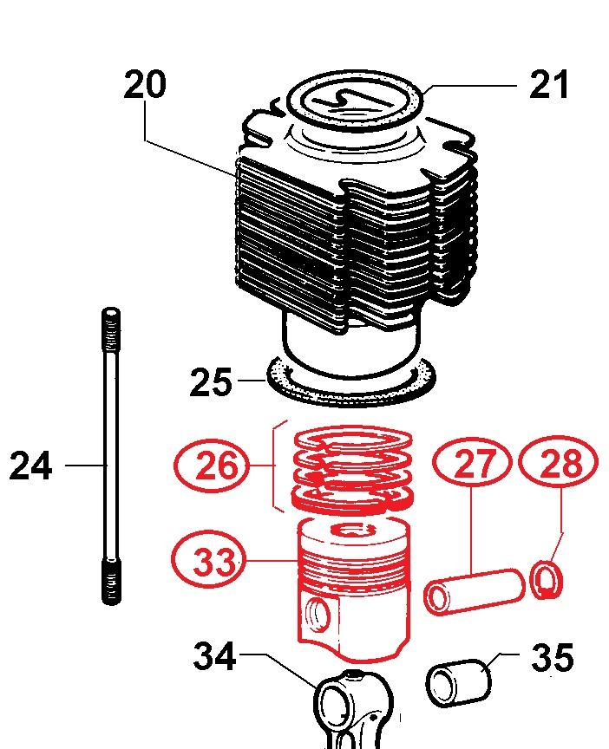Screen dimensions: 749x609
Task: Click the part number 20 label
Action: click(x=145, y=86)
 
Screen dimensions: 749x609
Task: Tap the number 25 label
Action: click(x=212, y=381)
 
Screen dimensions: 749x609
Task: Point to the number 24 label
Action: click(x=31, y=466)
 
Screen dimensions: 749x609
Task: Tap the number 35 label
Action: click(x=552, y=658)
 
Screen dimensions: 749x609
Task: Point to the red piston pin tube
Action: click(x=475, y=591)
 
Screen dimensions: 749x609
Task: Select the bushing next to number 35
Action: click(x=461, y=680)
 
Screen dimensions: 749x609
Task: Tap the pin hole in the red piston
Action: click(x=318, y=615)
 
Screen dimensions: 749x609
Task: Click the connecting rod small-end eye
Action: click(x=337, y=697)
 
